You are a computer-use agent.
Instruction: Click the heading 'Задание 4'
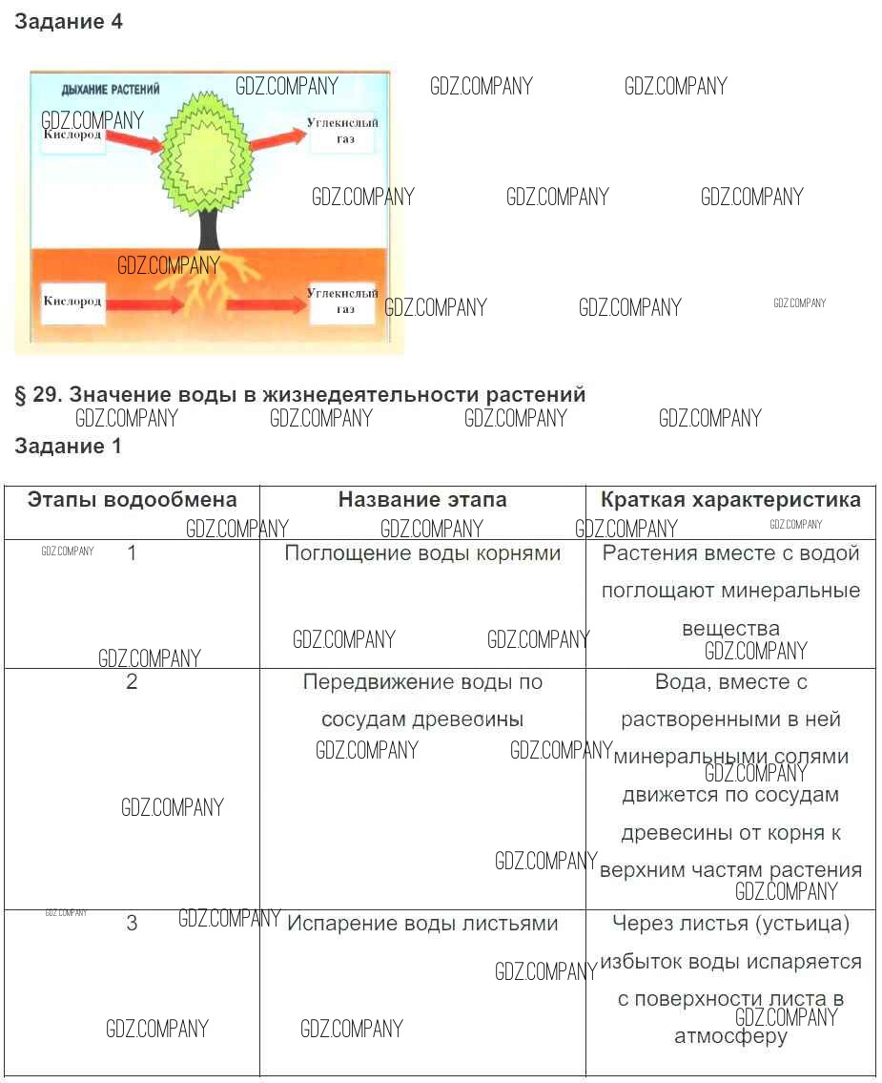69,22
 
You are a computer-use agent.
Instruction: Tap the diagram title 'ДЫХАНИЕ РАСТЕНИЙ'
111,89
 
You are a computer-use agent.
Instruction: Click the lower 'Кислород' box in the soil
72,302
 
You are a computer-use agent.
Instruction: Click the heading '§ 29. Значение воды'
299,394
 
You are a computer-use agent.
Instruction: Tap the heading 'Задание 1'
69,446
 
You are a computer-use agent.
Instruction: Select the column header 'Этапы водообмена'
132,500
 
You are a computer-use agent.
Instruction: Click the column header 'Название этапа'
422,500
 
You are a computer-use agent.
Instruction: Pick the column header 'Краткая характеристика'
730,500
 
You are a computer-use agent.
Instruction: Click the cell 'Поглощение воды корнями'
422,553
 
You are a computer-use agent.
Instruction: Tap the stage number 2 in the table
132,682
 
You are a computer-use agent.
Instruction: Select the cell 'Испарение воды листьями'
422,924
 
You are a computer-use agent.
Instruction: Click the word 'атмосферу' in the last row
730,1036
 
